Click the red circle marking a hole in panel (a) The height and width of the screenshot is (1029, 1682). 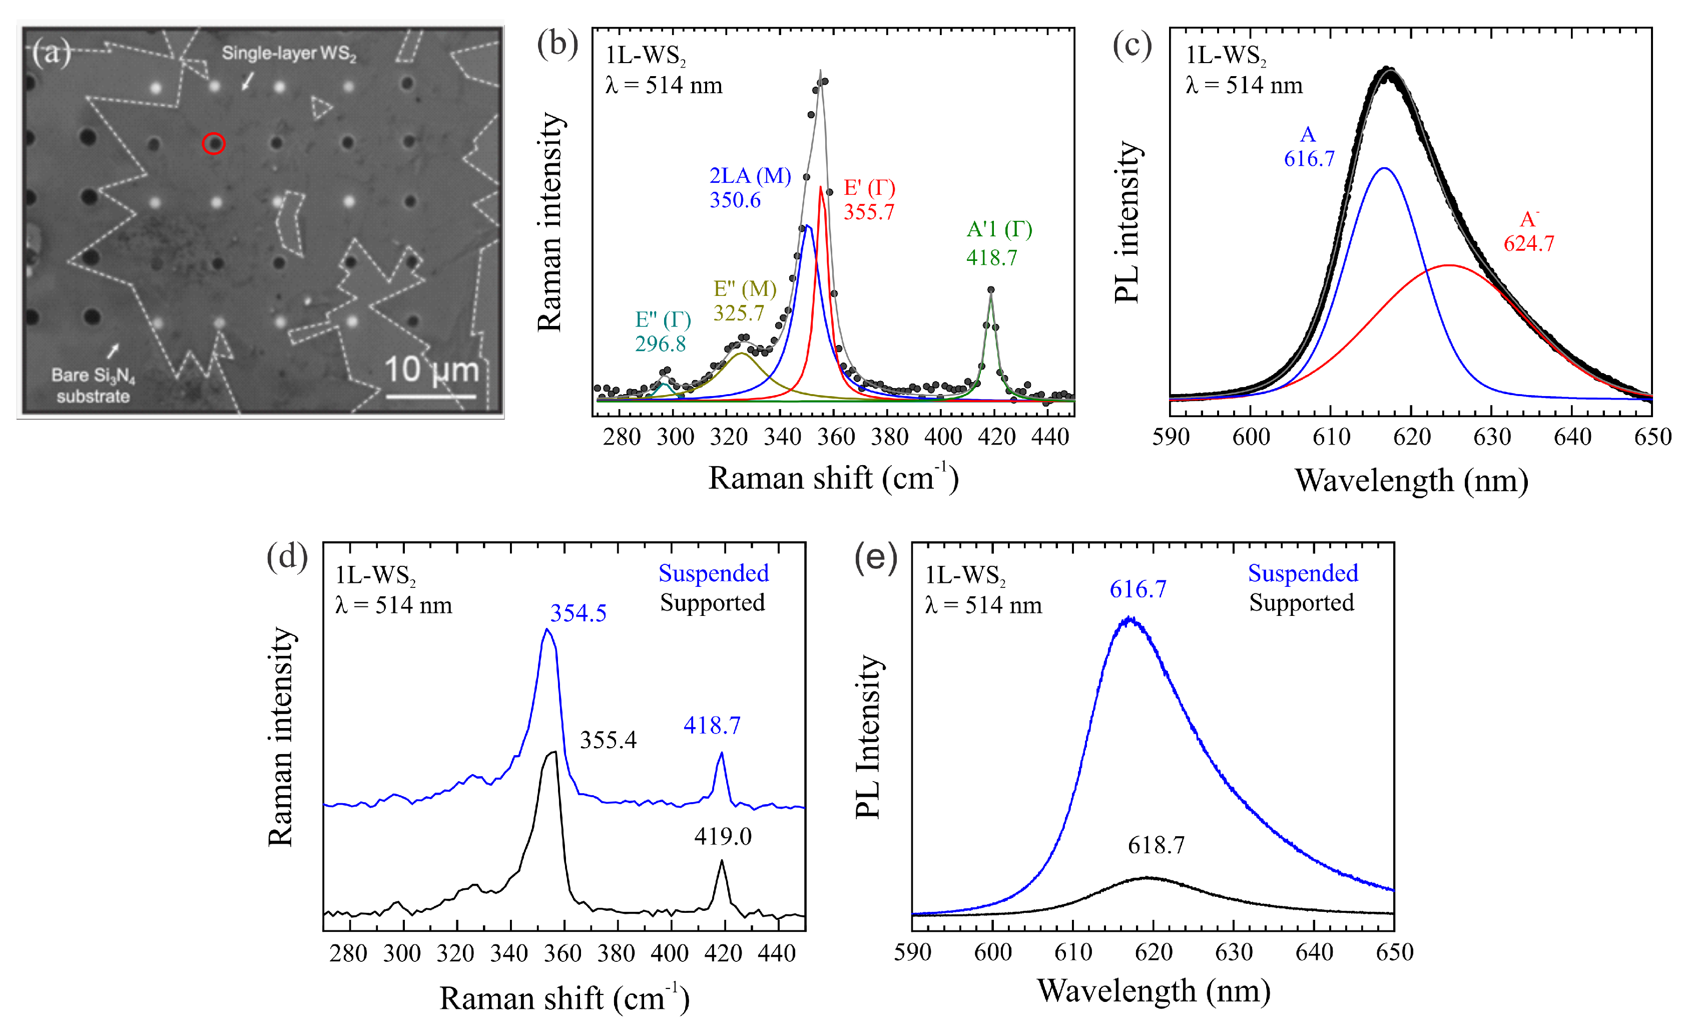(214, 143)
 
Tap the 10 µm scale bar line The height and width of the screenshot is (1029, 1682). (431, 396)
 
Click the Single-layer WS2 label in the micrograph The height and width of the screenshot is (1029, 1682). (289, 53)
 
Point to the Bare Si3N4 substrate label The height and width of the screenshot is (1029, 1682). (94, 385)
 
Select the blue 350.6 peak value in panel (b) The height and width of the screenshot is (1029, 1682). (735, 200)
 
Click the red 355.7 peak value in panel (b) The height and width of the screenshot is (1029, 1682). (869, 212)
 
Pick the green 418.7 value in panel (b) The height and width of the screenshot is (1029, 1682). (992, 257)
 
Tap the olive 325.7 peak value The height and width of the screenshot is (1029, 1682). (739, 313)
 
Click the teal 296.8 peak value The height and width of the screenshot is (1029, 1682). (661, 344)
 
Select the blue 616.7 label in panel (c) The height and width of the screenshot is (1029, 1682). (1309, 159)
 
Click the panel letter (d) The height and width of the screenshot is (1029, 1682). (287, 556)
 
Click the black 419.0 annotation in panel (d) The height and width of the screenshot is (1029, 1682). (723, 836)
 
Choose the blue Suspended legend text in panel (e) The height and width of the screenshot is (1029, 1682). (1303, 573)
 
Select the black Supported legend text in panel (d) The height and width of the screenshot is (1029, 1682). (713, 602)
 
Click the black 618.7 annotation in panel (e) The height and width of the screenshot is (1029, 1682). (1157, 845)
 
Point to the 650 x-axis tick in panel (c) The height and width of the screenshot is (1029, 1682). (1652, 437)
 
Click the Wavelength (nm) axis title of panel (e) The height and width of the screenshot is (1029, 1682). (1154, 991)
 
